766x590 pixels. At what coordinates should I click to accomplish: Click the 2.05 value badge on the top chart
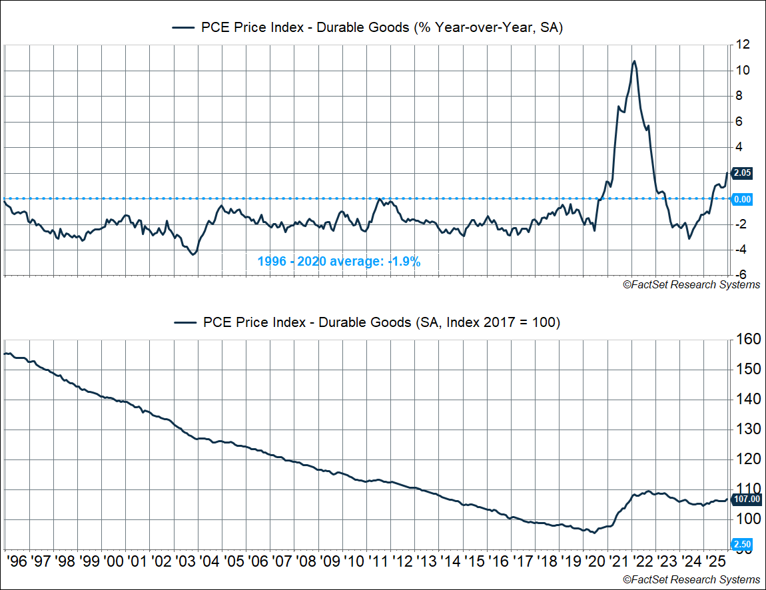(x=742, y=173)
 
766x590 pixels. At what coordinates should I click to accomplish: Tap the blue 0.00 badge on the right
(x=742, y=199)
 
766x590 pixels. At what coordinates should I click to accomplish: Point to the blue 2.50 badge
(x=742, y=544)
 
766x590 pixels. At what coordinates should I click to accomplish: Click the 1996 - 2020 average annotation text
(x=339, y=262)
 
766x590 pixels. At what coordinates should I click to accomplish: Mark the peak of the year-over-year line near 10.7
(x=634, y=61)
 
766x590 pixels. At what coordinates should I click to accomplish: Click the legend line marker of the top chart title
(x=184, y=27)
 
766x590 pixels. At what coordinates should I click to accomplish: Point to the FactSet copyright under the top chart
(x=691, y=285)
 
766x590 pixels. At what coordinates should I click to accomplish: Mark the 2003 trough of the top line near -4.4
(x=194, y=254)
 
